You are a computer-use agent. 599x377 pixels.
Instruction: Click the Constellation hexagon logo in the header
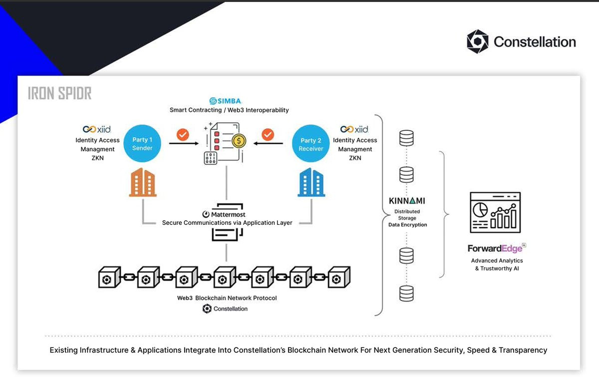point(477,41)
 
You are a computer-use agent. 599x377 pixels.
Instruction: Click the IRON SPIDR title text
point(60,93)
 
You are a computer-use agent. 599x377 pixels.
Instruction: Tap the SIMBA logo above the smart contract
point(226,101)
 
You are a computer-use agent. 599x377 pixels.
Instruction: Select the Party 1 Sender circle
point(142,144)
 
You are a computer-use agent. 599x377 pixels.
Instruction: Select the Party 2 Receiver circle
point(310,144)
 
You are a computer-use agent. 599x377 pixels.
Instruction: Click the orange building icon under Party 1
point(143,182)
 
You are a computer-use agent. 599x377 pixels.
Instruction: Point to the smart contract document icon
point(225,143)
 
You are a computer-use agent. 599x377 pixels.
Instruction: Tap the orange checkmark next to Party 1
point(183,134)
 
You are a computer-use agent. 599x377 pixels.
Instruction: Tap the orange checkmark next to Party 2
point(268,134)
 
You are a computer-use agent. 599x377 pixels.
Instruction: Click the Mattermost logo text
point(224,214)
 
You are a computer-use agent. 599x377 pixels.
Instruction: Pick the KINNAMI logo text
point(407,201)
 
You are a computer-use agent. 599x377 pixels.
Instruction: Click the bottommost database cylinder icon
point(407,293)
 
